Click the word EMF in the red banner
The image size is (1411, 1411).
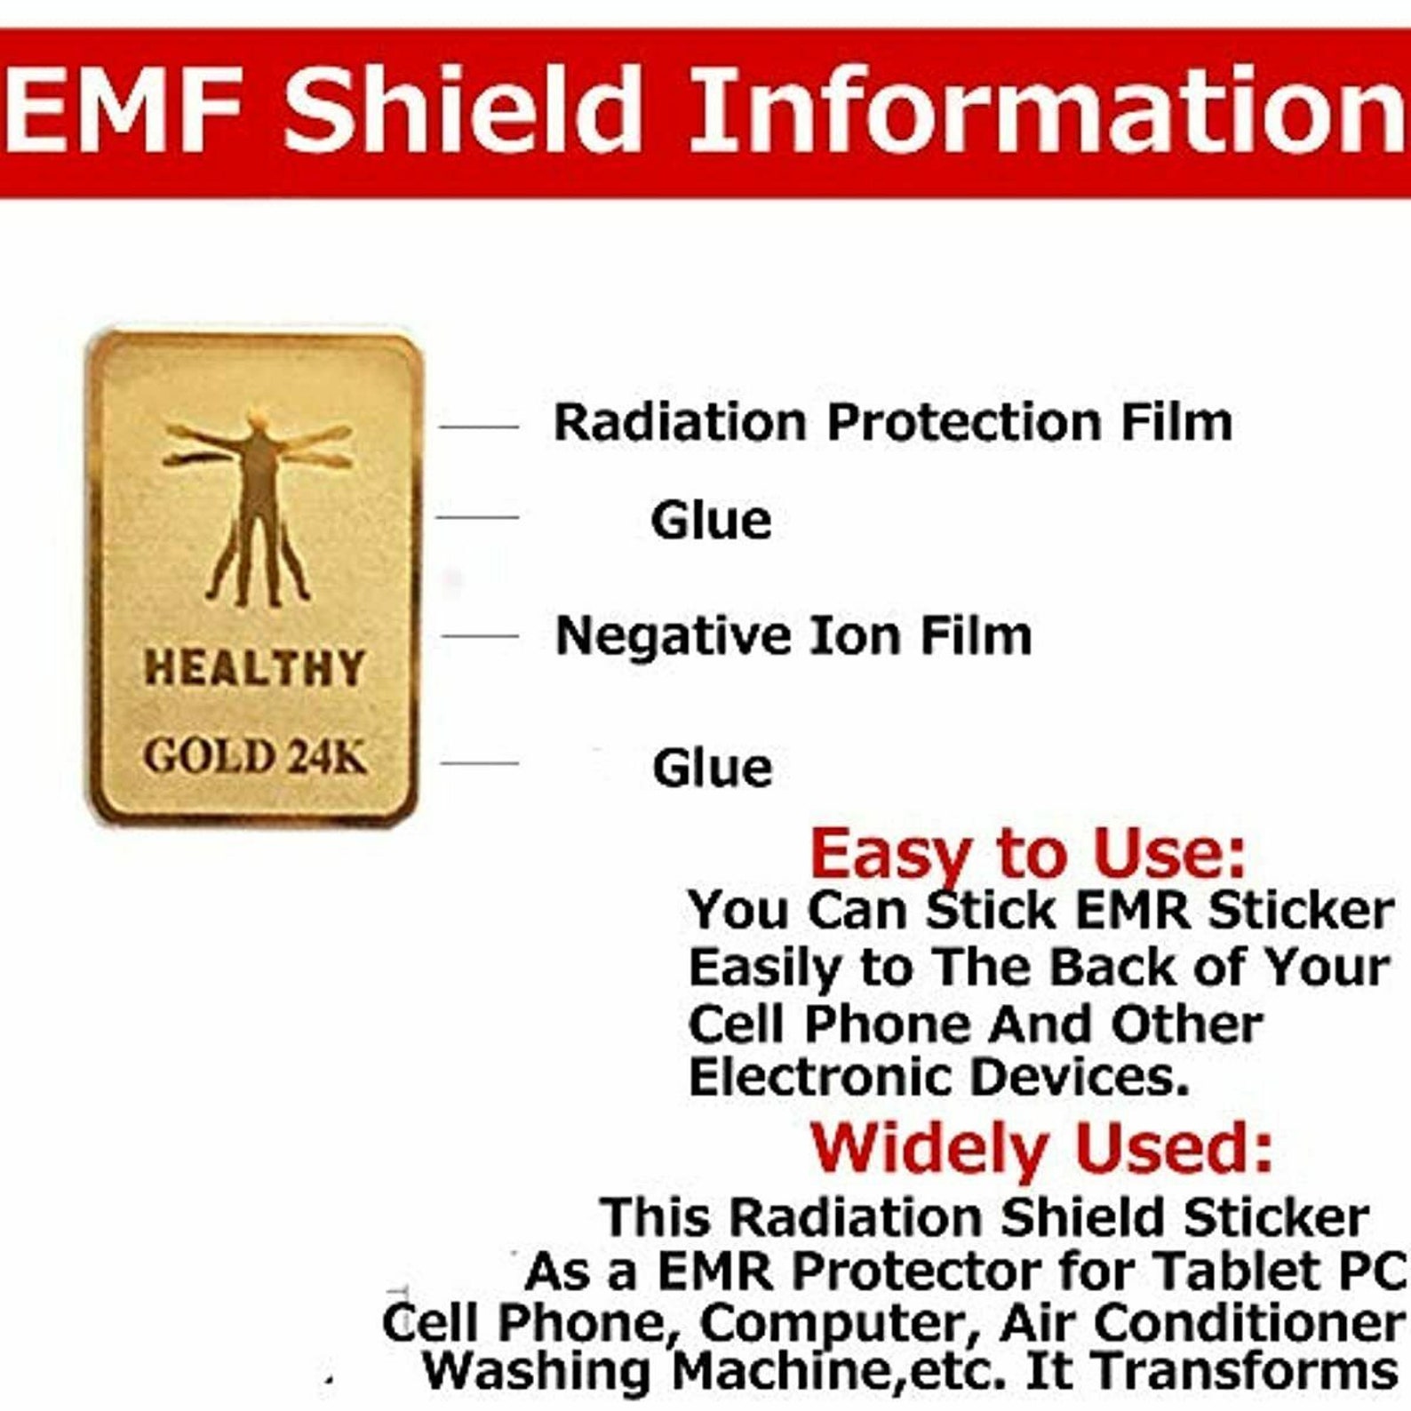[124, 110]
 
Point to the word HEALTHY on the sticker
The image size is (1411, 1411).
[255, 667]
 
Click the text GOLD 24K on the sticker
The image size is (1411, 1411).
[255, 758]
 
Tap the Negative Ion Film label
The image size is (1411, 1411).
[793, 636]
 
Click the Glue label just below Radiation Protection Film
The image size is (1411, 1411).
[711, 520]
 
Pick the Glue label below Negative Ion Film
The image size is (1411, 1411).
[712, 768]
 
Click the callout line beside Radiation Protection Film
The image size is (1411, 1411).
[479, 427]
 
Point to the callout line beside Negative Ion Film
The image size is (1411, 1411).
[480, 636]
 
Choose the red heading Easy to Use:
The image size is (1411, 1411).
[1027, 853]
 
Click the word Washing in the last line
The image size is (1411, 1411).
[538, 1371]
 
